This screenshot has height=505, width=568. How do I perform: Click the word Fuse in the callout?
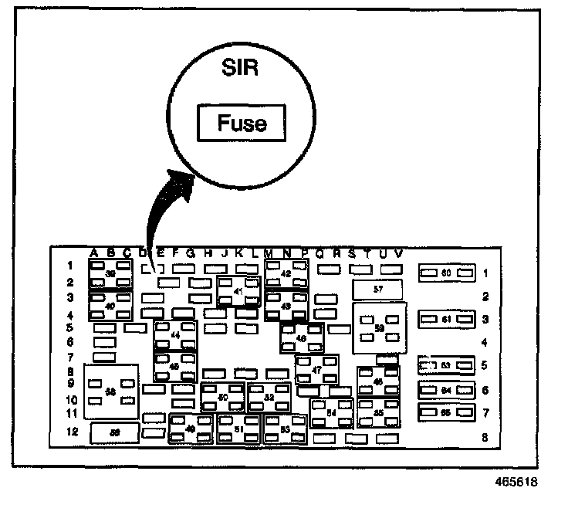point(242,123)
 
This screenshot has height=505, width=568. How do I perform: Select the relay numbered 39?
point(111,274)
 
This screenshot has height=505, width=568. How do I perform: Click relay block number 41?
point(238,292)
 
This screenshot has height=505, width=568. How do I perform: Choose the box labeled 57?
point(377,289)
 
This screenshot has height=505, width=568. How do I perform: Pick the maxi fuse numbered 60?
point(445,273)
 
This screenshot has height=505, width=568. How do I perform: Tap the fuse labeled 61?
point(445,318)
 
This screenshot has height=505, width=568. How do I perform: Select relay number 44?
point(175,335)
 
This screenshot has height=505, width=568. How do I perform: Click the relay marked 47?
point(316,370)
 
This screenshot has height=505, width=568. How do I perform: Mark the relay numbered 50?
point(222,397)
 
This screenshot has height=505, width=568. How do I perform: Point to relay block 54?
point(331,413)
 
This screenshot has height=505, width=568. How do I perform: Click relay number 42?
point(286,274)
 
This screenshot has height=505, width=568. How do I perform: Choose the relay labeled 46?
point(301,337)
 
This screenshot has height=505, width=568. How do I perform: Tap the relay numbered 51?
point(238,429)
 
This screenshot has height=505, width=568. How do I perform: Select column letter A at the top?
point(93,252)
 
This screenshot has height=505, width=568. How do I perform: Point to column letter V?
point(398,252)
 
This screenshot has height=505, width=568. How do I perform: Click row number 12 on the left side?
point(72,432)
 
